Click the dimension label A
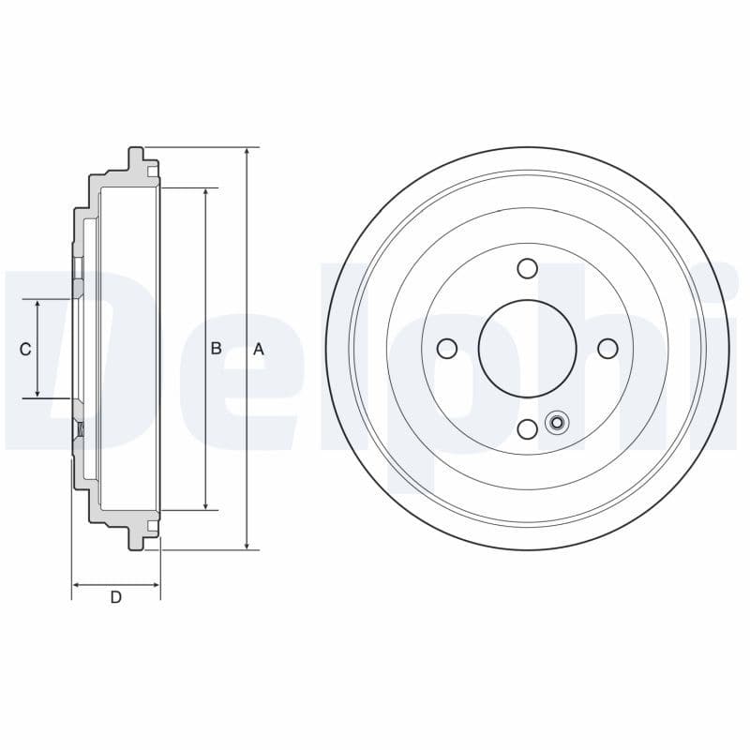pyautogui.click(x=260, y=349)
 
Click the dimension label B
pyautogui.click(x=216, y=349)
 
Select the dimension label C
pyautogui.click(x=25, y=349)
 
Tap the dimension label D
pyautogui.click(x=116, y=597)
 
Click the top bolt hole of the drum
pyautogui.click(x=528, y=269)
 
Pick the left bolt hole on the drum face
pyautogui.click(x=447, y=349)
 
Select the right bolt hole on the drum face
pyautogui.click(x=607, y=349)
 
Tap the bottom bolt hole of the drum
pyautogui.click(x=528, y=428)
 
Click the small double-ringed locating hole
pyautogui.click(x=556, y=422)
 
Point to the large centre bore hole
pyautogui.click(x=528, y=349)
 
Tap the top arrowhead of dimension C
pyautogui.click(x=37, y=306)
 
